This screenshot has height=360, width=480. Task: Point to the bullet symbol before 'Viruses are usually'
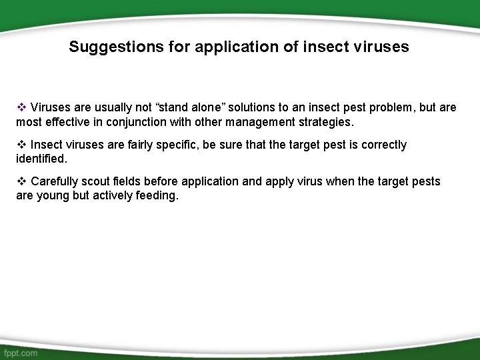[x=21, y=107]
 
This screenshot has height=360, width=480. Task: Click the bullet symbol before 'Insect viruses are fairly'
[x=21, y=145]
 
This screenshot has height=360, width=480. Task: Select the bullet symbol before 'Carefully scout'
[x=21, y=181]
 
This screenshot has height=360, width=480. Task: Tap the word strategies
[x=327, y=123]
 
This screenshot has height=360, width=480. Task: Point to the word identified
[x=41, y=160]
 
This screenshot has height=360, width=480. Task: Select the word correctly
[x=383, y=145]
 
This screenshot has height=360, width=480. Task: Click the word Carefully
[x=55, y=181]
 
